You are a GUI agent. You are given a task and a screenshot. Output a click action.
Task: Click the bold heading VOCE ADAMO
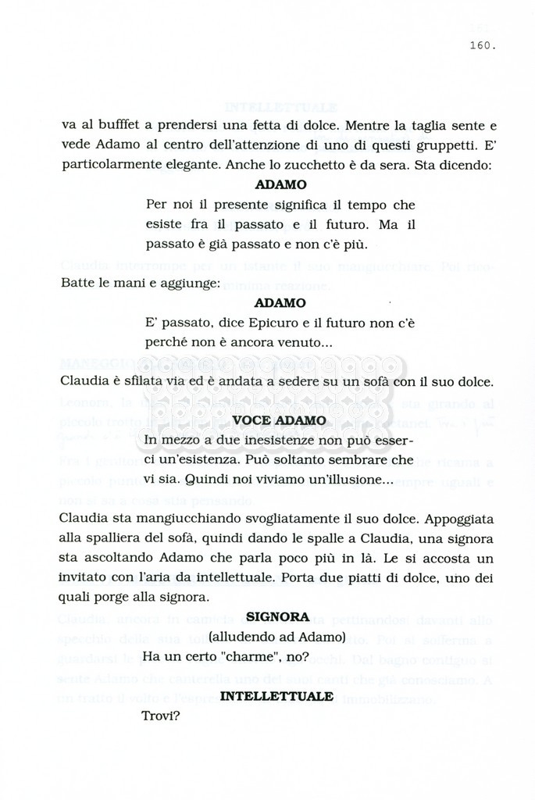click(x=280, y=420)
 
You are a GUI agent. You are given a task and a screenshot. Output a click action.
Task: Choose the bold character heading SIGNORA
click(x=277, y=616)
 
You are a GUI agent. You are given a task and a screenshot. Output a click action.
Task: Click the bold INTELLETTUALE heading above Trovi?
click(x=277, y=695)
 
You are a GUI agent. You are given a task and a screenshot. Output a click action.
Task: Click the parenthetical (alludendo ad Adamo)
click(x=277, y=635)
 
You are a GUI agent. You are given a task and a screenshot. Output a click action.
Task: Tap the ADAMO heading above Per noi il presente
click(x=280, y=185)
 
